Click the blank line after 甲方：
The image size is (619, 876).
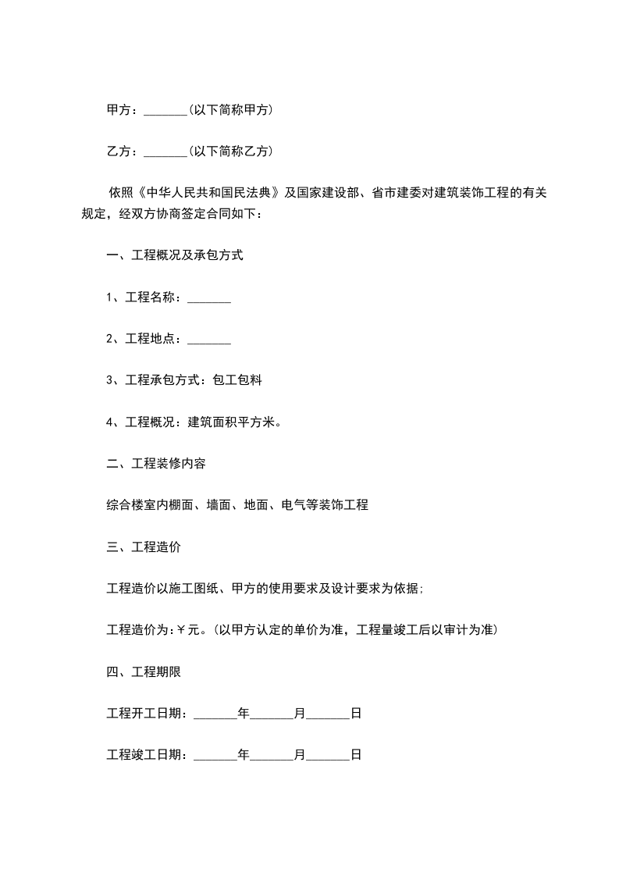(x=165, y=111)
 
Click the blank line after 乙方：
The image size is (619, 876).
(x=165, y=151)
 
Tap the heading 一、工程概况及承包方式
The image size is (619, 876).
(x=175, y=255)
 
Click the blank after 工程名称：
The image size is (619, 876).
(x=209, y=297)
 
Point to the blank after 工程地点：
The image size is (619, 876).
(x=209, y=339)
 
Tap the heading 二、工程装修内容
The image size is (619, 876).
(x=156, y=464)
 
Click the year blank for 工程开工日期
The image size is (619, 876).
(x=215, y=713)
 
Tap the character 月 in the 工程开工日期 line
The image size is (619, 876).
(x=300, y=713)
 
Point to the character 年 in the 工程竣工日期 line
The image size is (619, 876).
(x=244, y=755)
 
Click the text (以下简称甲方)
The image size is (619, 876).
(x=230, y=110)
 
